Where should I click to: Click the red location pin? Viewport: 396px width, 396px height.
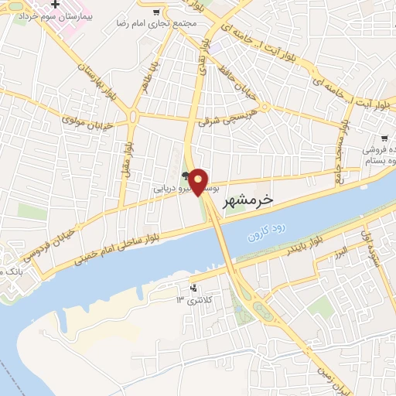pyautogui.click(x=199, y=181)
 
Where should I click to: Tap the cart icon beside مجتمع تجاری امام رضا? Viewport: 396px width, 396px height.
pyautogui.click(x=158, y=12)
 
